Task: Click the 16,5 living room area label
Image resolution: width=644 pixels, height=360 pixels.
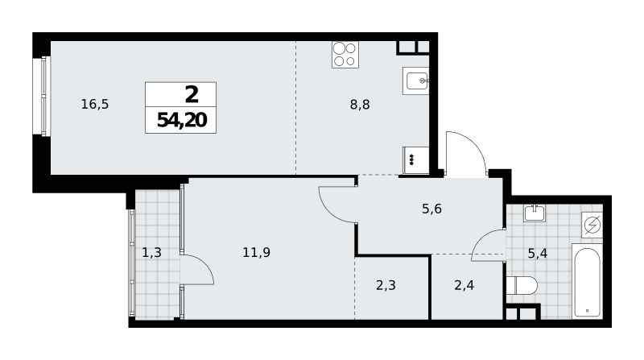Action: [x=95, y=105]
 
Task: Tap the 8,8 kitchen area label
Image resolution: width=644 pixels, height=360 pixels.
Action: [x=360, y=105]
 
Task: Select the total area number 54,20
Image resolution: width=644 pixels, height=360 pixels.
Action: [x=182, y=120]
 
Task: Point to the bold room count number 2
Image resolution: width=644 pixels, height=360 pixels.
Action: [x=192, y=94]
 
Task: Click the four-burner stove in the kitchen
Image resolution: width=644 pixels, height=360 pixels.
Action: [x=345, y=55]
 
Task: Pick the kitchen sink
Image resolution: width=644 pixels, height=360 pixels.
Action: [x=415, y=81]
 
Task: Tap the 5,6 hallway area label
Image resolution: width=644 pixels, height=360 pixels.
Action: [x=431, y=209]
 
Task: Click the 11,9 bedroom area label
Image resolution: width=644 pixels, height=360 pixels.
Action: [x=256, y=252]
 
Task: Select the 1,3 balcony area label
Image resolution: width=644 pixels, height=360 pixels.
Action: [x=151, y=252]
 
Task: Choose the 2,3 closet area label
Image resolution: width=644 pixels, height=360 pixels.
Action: [x=386, y=285]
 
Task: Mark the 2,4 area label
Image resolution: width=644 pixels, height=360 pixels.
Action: [x=464, y=285]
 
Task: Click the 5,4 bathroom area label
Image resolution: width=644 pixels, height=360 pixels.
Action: [x=537, y=254]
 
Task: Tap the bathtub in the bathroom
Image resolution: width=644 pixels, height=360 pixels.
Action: [x=587, y=281]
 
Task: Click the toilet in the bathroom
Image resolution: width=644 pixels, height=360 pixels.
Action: [x=522, y=286]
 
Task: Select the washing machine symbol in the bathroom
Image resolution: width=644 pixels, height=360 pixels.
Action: [x=592, y=225]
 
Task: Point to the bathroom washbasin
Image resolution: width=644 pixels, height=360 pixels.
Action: [x=535, y=213]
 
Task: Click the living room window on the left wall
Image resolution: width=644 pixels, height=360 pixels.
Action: [x=45, y=96]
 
